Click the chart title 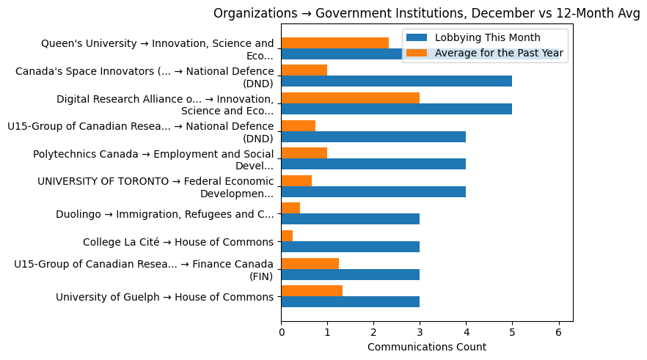point(426,13)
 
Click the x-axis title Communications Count point(426,347)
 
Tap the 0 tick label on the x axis point(281,332)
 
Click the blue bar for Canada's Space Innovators point(396,81)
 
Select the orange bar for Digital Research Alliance point(350,98)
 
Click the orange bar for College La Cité point(287,235)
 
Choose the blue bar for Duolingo point(350,219)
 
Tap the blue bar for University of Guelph point(350,301)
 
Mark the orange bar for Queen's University point(335,43)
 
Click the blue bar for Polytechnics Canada point(373,164)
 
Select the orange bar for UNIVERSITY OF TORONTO point(296,180)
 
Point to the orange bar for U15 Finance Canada point(310,263)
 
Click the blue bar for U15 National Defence point(373,136)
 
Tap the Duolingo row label point(164,214)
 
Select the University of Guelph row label point(164,297)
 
